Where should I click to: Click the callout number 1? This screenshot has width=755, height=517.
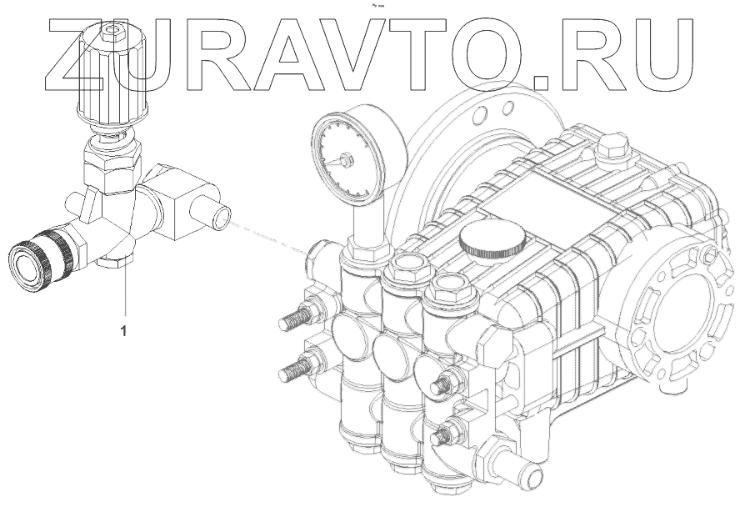click(x=123, y=331)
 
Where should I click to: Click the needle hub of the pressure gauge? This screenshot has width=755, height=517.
click(x=345, y=159)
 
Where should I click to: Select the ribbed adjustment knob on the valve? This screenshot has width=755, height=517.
click(x=112, y=77)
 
